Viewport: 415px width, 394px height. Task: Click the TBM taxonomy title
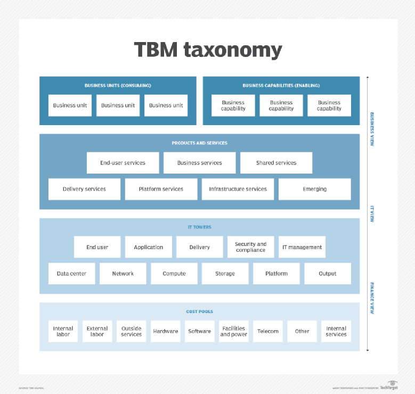pyautogui.click(x=208, y=50)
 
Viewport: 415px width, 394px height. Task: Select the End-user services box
pyautogui.click(x=123, y=163)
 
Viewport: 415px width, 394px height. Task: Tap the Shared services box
pyautogui.click(x=276, y=163)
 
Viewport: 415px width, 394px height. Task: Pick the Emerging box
pyautogui.click(x=314, y=189)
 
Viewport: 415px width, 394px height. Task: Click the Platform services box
pyautogui.click(x=161, y=189)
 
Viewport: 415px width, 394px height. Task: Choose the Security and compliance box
pyautogui.click(x=250, y=247)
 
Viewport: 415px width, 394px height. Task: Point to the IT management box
pyautogui.click(x=302, y=247)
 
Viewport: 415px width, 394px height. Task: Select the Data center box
pyautogui.click(x=71, y=274)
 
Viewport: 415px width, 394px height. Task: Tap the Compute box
pyautogui.click(x=174, y=274)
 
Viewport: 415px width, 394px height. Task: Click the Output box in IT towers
pyautogui.click(x=328, y=274)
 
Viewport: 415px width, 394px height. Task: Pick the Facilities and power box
pyautogui.click(x=233, y=331)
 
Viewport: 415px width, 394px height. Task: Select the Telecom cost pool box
pyautogui.click(x=268, y=331)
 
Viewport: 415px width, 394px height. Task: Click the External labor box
pyautogui.click(x=97, y=331)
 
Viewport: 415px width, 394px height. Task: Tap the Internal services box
pyautogui.click(x=336, y=331)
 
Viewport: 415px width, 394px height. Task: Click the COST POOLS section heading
pyautogui.click(x=199, y=311)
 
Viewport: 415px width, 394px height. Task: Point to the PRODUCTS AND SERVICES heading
pyautogui.click(x=199, y=143)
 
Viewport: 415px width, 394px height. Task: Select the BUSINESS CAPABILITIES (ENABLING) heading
pyautogui.click(x=281, y=85)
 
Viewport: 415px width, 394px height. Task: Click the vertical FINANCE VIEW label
pyautogui.click(x=372, y=299)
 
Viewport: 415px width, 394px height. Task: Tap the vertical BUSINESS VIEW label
pyautogui.click(x=372, y=129)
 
